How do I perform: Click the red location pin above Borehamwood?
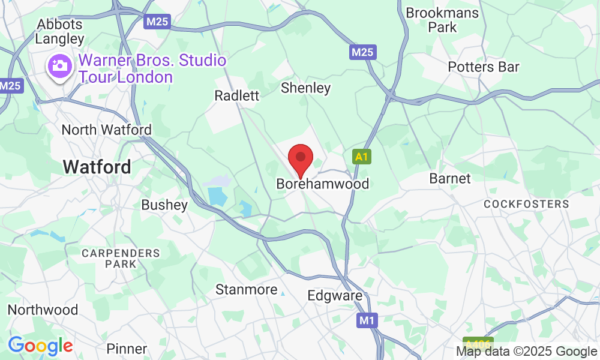click(x=301, y=158)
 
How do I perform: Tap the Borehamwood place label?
click(x=322, y=184)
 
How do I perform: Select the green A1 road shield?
click(x=360, y=157)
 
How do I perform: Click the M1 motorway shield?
click(x=367, y=320)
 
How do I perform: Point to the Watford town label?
click(x=97, y=167)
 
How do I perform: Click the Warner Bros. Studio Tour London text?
click(x=152, y=69)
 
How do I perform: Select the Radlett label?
click(x=237, y=96)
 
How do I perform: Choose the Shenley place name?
click(x=306, y=88)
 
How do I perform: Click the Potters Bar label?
click(x=484, y=67)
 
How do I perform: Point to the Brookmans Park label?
click(x=443, y=20)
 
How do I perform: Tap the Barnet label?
click(x=450, y=179)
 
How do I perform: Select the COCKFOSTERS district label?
click(x=526, y=204)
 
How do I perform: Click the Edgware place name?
click(x=335, y=296)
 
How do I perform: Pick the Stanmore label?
click(x=247, y=290)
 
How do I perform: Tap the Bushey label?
click(x=164, y=205)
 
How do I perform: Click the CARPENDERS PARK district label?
click(x=121, y=259)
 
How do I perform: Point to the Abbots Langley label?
click(x=59, y=31)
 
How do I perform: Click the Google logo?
click(x=40, y=345)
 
